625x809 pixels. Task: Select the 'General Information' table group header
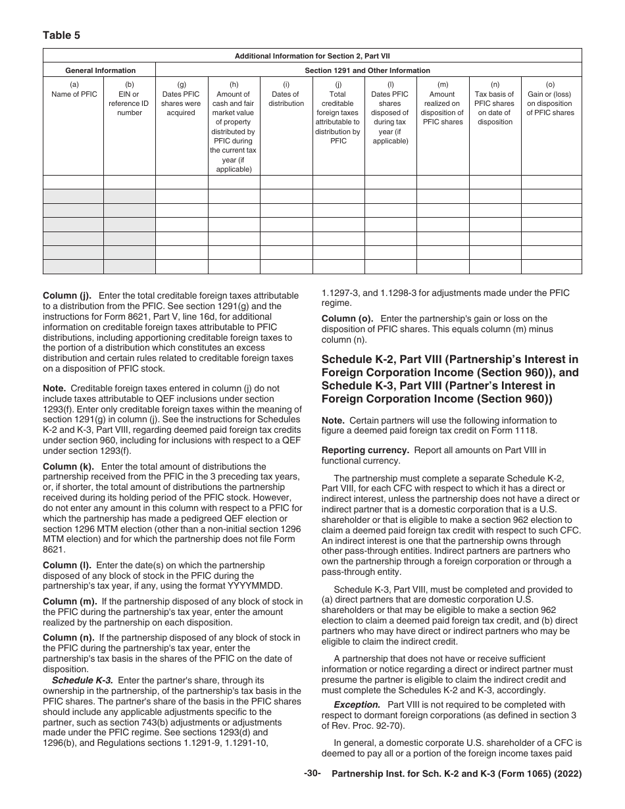pos(100,70)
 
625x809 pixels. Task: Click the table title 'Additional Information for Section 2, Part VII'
pos(312,56)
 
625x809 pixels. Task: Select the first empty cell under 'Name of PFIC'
pos(74,182)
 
